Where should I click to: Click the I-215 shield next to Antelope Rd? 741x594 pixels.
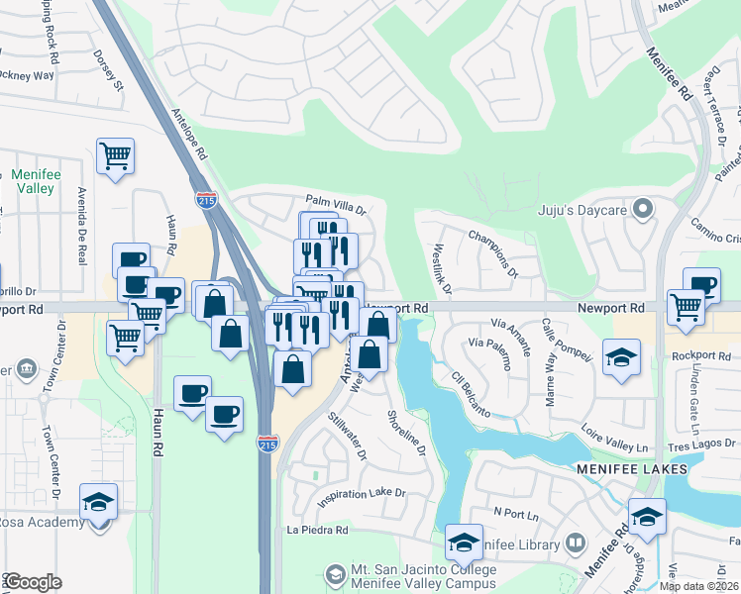pyautogui.click(x=206, y=199)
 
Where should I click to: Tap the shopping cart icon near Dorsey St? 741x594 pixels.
pyautogui.click(x=116, y=155)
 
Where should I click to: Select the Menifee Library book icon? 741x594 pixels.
pyautogui.click(x=576, y=543)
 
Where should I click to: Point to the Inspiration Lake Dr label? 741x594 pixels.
pyautogui.click(x=362, y=492)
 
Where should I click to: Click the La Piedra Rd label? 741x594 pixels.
pyautogui.click(x=317, y=530)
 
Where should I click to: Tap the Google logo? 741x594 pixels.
pyautogui.click(x=33, y=582)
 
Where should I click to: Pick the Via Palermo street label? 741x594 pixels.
pyautogui.click(x=490, y=353)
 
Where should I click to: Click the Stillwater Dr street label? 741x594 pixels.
pyautogui.click(x=348, y=435)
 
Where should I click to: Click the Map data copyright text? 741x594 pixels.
pyautogui.click(x=699, y=586)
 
